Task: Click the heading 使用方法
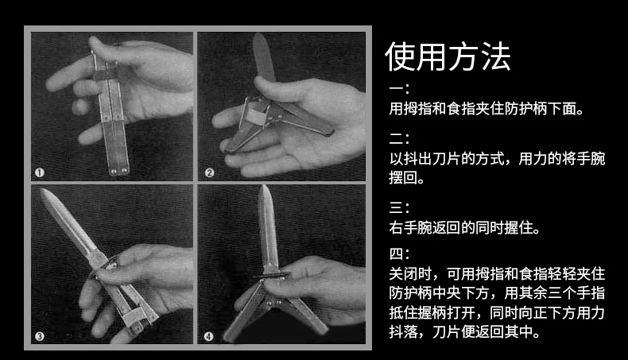point(448,56)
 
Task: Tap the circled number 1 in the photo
point(39,172)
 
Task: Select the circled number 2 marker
point(209,172)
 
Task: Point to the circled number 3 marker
point(39,336)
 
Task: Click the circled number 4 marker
point(208,336)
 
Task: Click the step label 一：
point(399,88)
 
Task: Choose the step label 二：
point(399,139)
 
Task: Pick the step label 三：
point(399,207)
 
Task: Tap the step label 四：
point(399,254)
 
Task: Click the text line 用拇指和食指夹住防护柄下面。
point(487,109)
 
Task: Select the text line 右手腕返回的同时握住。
point(464,228)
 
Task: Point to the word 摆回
point(403,177)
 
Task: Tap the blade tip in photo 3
point(42,190)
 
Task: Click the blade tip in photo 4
point(265,187)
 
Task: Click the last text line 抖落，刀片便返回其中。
point(464,331)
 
